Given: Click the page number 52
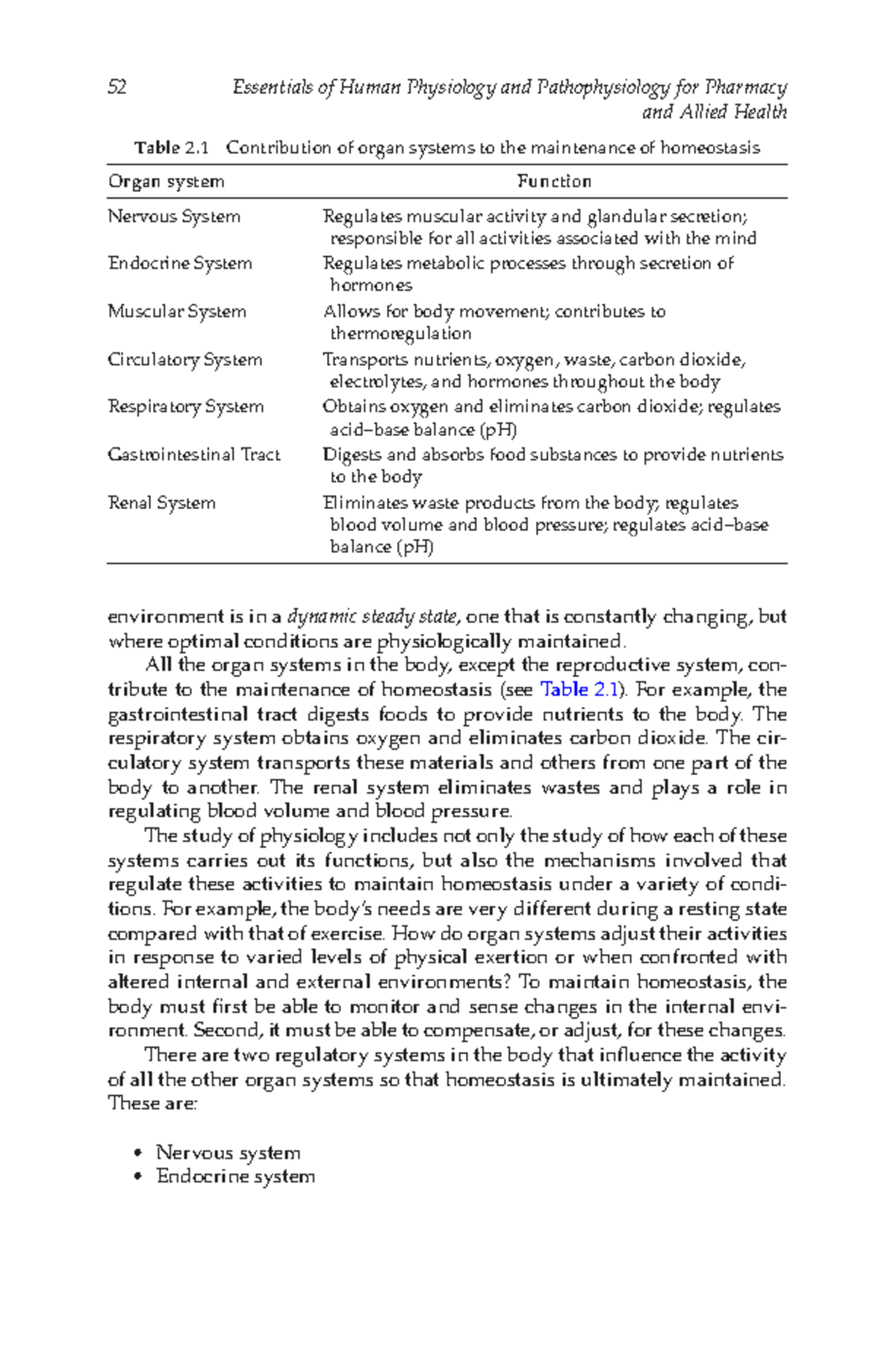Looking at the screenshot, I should click(117, 88).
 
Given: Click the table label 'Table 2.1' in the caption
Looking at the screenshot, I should click(171, 148).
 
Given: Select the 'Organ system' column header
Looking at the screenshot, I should click(166, 181).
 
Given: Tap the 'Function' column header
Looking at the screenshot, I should click(554, 181).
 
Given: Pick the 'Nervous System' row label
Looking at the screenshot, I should click(174, 216).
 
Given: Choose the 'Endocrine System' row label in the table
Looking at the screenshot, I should click(180, 264).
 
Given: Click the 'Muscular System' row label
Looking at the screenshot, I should click(177, 311).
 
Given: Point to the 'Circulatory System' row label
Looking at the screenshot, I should click(185, 360).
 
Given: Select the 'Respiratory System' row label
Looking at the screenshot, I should click(186, 407).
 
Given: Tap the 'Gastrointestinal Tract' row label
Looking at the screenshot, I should click(194, 455).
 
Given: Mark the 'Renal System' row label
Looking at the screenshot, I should click(162, 503).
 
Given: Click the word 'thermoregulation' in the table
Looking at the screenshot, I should click(401, 334).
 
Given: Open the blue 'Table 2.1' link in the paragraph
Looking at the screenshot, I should click(579, 689).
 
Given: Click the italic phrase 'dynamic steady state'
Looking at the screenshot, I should click(372, 617).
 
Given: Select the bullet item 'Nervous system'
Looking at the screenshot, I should click(228, 1153).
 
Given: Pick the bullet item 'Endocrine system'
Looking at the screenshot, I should click(235, 1177).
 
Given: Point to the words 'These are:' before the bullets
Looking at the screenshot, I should click(152, 1103).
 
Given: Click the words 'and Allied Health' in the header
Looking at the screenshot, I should click(714, 113).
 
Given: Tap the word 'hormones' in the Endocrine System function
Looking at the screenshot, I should click(371, 285).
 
